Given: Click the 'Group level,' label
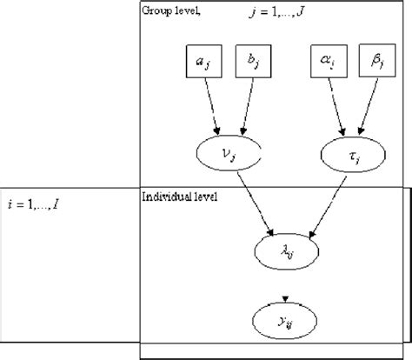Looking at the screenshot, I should (170, 10).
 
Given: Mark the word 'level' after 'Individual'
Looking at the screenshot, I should (197, 197).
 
